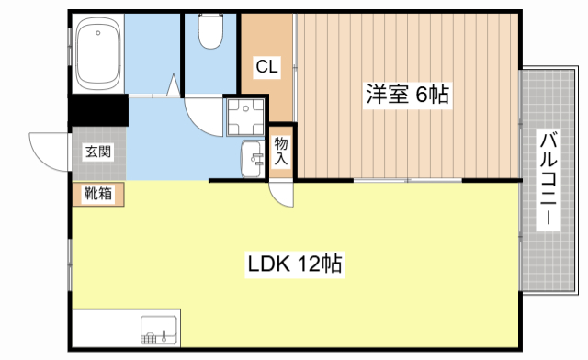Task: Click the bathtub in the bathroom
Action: tap(98, 54)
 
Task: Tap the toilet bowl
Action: tap(210, 31)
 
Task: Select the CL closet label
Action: tap(267, 67)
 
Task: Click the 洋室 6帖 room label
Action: tap(407, 94)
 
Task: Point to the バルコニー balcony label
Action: tap(548, 179)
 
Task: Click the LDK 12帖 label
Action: tap(295, 264)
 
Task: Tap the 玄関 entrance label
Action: tap(98, 152)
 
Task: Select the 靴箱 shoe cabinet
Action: tap(98, 195)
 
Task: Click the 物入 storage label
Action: tap(281, 151)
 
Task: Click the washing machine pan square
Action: tap(245, 118)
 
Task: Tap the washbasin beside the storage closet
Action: tap(253, 159)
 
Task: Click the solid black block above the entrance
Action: tap(98, 110)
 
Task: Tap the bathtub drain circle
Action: tap(98, 33)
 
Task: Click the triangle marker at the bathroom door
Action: tap(174, 85)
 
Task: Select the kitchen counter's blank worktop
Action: tap(107, 329)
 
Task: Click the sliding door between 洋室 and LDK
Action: tap(408, 181)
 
